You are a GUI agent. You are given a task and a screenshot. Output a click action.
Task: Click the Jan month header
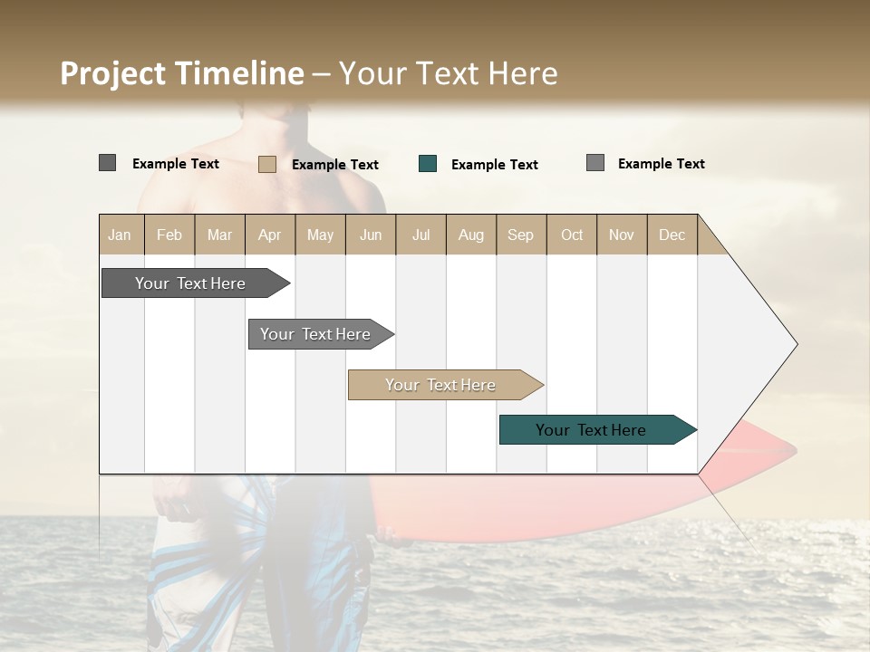pyautogui.click(x=121, y=235)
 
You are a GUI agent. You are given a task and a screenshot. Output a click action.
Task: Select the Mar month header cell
pyautogui.click(x=219, y=235)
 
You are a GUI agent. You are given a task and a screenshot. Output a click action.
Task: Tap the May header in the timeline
pyautogui.click(x=320, y=235)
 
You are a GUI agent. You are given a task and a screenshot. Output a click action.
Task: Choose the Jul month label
pyautogui.click(x=420, y=235)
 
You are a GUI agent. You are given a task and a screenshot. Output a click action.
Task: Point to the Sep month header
pyautogui.click(x=520, y=235)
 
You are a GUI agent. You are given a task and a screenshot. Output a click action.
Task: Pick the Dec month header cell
pyautogui.click(x=672, y=235)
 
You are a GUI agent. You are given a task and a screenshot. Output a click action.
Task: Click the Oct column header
pyautogui.click(x=572, y=235)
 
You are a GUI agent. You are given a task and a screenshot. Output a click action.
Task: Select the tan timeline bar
pyautogui.click(x=441, y=385)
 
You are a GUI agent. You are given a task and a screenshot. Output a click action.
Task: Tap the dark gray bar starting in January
pyautogui.click(x=190, y=283)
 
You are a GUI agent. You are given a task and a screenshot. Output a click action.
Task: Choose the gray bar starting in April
pyautogui.click(x=315, y=334)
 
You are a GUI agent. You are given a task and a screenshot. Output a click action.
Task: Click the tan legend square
pyautogui.click(x=267, y=164)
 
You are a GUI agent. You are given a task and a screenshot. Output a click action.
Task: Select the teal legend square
pyautogui.click(x=428, y=164)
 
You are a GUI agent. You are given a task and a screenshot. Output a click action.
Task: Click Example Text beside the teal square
pyautogui.click(x=494, y=165)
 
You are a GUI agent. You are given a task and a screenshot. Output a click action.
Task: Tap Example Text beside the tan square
pyautogui.click(x=334, y=165)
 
